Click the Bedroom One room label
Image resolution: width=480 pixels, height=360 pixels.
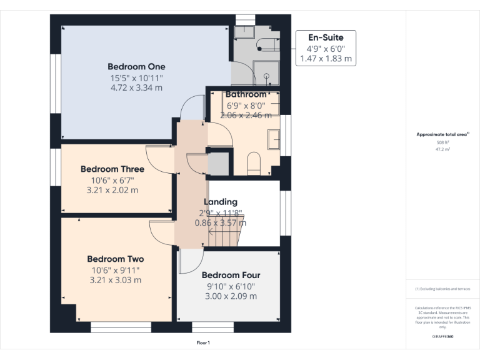(136, 67)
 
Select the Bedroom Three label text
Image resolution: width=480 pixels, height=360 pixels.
(112, 169)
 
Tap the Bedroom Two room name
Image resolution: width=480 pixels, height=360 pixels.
(116, 259)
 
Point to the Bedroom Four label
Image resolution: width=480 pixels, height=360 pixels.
(231, 275)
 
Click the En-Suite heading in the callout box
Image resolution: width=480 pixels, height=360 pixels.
(325, 37)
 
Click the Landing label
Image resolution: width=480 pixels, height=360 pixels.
(221, 202)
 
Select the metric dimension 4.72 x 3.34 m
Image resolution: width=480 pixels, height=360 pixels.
(136, 88)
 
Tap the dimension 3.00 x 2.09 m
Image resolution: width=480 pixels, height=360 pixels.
(231, 296)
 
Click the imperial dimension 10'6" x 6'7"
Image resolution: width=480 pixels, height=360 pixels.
(112, 180)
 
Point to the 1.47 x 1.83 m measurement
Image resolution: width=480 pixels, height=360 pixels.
(325, 59)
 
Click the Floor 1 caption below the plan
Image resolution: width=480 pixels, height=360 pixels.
(203, 342)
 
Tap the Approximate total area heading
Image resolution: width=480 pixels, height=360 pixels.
(442, 134)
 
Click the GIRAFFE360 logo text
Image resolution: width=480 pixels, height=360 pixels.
(442, 336)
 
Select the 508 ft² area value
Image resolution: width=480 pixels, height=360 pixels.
(442, 143)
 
